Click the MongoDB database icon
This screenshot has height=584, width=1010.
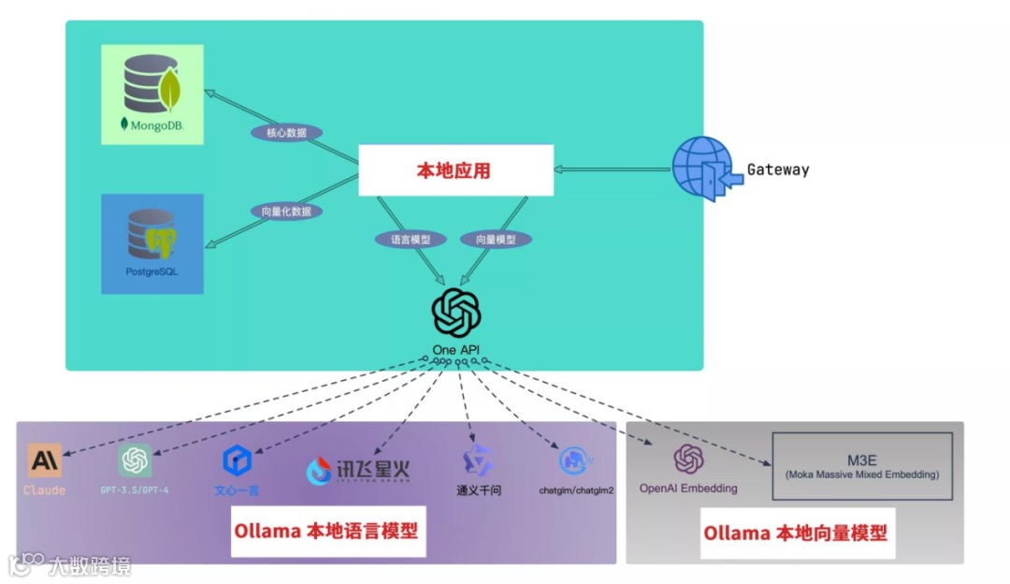click(x=152, y=86)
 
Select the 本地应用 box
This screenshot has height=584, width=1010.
click(x=455, y=170)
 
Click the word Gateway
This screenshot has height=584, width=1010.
click(x=777, y=169)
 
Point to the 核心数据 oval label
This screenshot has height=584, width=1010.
click(x=286, y=133)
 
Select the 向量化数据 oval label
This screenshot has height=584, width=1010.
click(x=286, y=212)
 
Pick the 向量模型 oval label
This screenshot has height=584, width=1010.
click(x=496, y=240)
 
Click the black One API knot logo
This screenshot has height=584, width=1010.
click(x=456, y=313)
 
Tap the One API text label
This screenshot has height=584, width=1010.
click(x=456, y=350)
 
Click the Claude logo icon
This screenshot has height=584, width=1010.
click(x=45, y=460)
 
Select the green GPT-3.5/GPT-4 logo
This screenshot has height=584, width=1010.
click(x=135, y=460)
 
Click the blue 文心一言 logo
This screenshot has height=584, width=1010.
click(x=237, y=460)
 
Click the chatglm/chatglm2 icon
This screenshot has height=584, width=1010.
click(x=575, y=460)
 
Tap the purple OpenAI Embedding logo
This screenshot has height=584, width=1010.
click(x=688, y=459)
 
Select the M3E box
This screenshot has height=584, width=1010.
click(x=861, y=465)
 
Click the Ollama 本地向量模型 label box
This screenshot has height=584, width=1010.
click(x=795, y=533)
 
